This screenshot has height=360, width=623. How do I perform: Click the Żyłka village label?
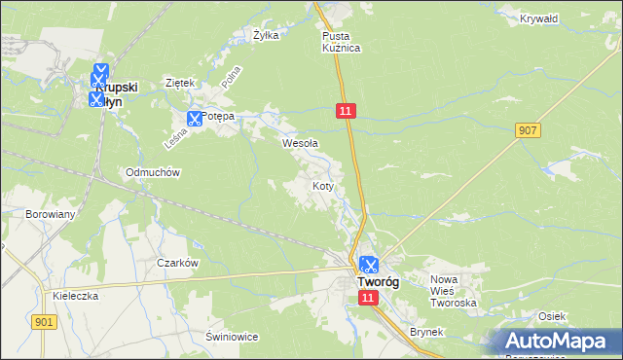[266, 35]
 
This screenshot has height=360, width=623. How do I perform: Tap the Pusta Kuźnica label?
[342, 41]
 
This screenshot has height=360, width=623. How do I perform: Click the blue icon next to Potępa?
[193, 119]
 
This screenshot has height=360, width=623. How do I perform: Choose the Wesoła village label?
[300, 143]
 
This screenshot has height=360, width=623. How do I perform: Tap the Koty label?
[323, 185]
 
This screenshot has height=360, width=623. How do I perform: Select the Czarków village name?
[177, 263]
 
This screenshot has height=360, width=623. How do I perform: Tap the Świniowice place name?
[231, 337]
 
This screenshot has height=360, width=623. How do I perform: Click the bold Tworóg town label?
[375, 282]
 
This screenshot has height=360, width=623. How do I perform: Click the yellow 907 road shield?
[530, 130]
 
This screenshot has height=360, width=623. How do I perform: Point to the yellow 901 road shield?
[42, 322]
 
